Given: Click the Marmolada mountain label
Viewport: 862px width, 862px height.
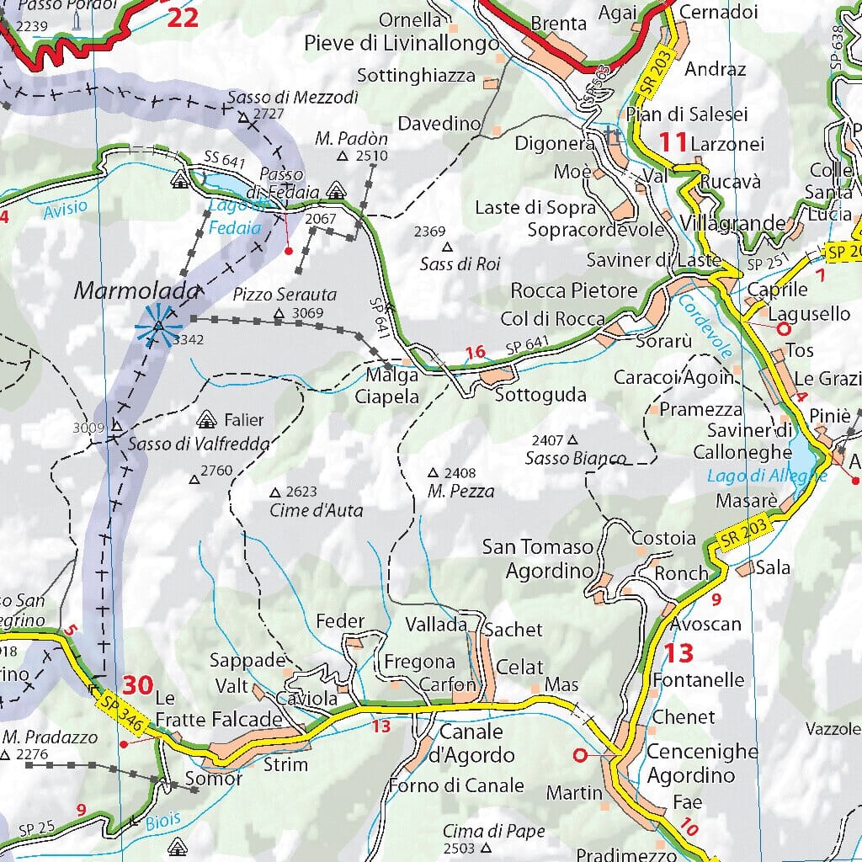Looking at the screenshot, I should pyautogui.click(x=137, y=291).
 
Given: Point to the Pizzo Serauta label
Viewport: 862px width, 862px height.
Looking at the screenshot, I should pyautogui.click(x=285, y=295).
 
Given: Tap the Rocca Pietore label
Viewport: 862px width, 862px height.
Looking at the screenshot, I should pyautogui.click(x=574, y=290).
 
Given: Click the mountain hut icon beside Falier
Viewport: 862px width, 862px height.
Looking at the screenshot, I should pyautogui.click(x=206, y=418).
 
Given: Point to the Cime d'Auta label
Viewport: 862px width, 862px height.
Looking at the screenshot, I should pyautogui.click(x=316, y=510).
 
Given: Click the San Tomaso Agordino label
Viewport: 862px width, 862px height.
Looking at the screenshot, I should pyautogui.click(x=537, y=559).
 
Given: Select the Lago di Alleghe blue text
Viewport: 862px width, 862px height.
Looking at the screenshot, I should pyautogui.click(x=767, y=476).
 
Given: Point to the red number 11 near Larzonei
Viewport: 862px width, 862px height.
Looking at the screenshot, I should pyautogui.click(x=673, y=141).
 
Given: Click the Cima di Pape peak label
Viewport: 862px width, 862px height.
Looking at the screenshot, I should pyautogui.click(x=494, y=831).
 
